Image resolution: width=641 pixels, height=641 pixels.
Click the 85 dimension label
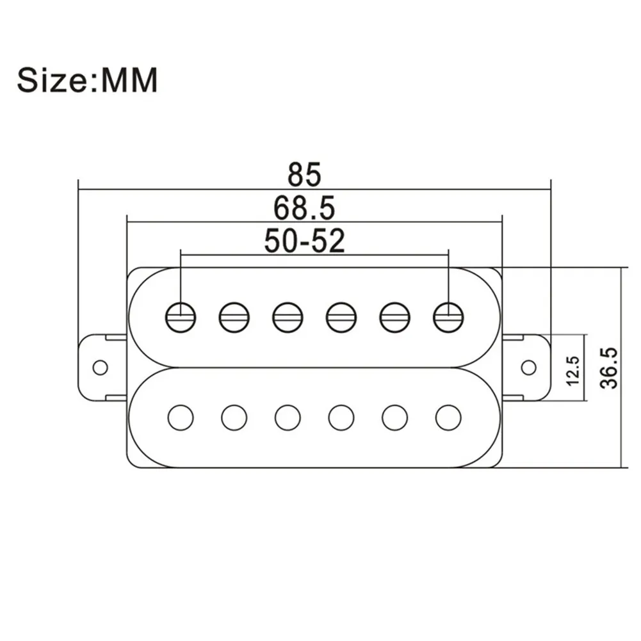coord(305,174)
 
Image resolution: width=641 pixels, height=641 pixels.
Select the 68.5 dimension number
coord(304,207)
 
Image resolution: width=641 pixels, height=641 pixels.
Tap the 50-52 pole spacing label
coord(305,241)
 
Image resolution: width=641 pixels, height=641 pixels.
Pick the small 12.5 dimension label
coord(573,370)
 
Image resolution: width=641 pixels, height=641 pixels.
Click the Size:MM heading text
coord(87,81)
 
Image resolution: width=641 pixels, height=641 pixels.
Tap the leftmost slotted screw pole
coord(181,317)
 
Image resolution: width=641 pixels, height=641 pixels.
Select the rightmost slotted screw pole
coord(448,317)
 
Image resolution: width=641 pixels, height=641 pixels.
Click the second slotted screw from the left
coord(234,317)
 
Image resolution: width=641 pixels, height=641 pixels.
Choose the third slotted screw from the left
coord(288,317)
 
